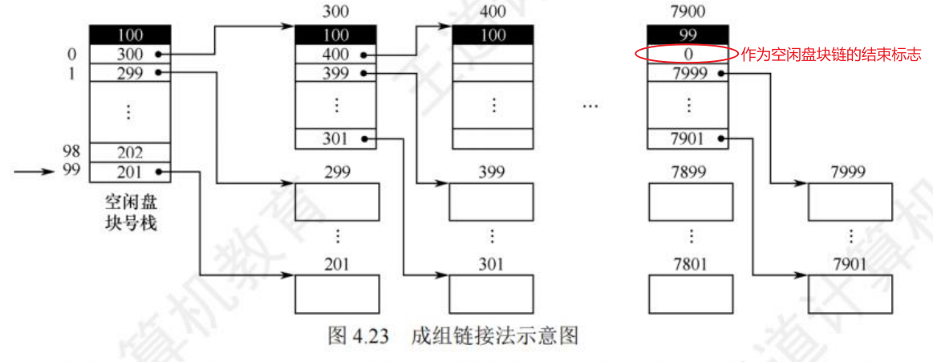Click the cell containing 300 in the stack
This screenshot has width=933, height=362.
point(129,54)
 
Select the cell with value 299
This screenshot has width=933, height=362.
point(129,72)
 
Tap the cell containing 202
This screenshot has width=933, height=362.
point(129,152)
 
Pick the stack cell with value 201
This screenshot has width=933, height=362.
point(129,171)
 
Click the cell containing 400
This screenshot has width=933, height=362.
point(335,54)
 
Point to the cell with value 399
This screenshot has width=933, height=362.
point(335,72)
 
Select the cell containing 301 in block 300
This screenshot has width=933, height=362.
point(335,138)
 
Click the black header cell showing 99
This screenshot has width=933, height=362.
point(688,35)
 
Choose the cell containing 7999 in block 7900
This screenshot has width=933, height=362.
point(688,72)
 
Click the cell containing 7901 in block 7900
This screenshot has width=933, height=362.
point(688,138)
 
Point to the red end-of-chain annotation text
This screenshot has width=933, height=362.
point(830,55)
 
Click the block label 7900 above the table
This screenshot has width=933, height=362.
point(688,13)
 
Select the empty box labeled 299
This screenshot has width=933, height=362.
point(336,202)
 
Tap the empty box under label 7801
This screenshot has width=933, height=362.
point(689,294)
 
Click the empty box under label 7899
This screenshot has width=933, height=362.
point(689,202)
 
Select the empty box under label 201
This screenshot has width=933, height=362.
point(336,294)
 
